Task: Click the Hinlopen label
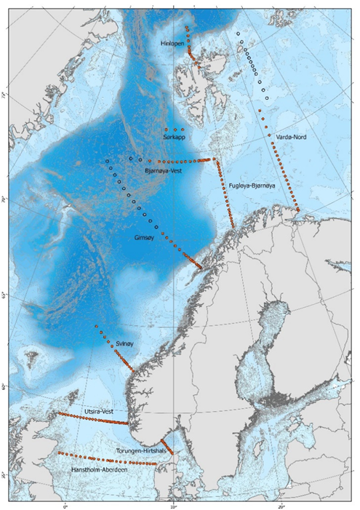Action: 173,44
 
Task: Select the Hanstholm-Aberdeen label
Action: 101,471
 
